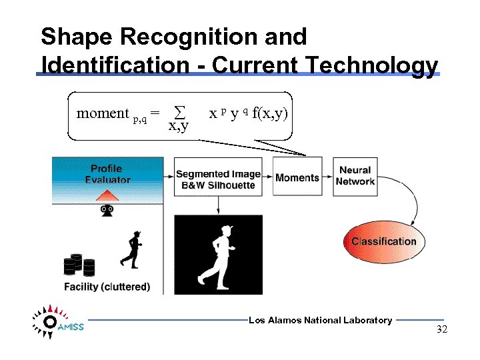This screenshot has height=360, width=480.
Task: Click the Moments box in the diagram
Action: [x=297, y=177]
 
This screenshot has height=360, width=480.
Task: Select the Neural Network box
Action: [x=355, y=176]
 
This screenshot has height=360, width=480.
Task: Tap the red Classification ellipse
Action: [x=383, y=241]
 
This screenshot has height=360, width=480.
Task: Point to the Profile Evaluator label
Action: [x=107, y=173]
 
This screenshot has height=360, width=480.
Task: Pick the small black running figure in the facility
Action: [x=133, y=249]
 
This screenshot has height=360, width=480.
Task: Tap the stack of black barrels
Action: [x=79, y=265]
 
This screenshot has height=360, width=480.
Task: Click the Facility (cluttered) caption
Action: [x=107, y=287]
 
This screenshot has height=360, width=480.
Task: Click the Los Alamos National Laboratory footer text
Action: [x=320, y=321]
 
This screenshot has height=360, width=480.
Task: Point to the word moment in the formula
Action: [x=102, y=113]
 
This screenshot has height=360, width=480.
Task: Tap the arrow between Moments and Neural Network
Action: [x=327, y=177]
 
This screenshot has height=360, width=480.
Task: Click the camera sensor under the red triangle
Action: [x=107, y=211]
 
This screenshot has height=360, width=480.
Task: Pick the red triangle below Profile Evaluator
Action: [x=107, y=194]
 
